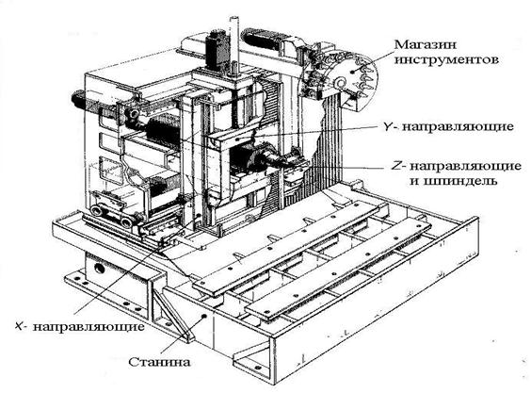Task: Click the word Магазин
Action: pos(426,44)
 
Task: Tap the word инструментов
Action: pos(447,60)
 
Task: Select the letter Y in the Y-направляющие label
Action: pos(387,127)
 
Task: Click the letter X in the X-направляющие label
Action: pos(20,326)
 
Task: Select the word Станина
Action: pos(159,362)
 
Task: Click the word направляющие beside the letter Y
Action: pos(459,127)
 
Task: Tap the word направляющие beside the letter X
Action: pos(89,327)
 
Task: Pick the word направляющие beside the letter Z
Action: pos(466,167)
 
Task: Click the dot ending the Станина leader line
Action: pos(204,316)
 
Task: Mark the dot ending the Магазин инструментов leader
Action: pos(352,72)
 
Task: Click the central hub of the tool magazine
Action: pos(340,82)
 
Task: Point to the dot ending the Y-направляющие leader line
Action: pos(238,139)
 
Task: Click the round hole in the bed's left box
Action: pos(100,269)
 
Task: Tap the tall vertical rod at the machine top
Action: pos(234,46)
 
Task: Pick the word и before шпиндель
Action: pos(414,182)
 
